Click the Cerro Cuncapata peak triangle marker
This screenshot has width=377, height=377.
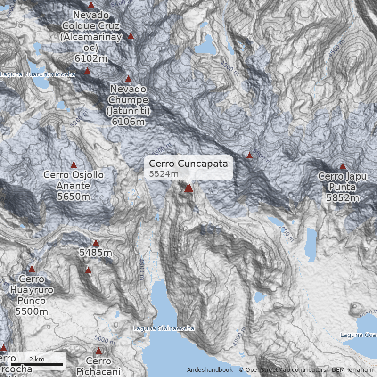(188, 188)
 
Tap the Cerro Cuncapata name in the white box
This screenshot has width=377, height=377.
(188, 164)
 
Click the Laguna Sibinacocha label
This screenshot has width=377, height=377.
(164, 328)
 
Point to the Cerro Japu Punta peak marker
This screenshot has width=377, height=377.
(343, 166)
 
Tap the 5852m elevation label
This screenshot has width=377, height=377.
(342, 198)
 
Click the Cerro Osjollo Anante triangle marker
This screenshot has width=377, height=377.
(74, 164)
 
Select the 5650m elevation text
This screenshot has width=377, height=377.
(74, 197)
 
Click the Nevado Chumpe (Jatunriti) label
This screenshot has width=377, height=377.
(128, 100)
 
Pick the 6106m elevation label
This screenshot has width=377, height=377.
(128, 121)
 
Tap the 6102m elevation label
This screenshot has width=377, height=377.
(91, 58)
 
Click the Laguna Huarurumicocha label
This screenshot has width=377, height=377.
(38, 74)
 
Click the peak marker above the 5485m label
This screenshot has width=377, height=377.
(96, 243)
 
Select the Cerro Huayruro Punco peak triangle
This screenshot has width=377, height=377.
(32, 269)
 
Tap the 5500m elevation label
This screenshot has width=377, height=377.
(31, 311)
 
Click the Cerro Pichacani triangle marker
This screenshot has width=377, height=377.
(98, 351)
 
